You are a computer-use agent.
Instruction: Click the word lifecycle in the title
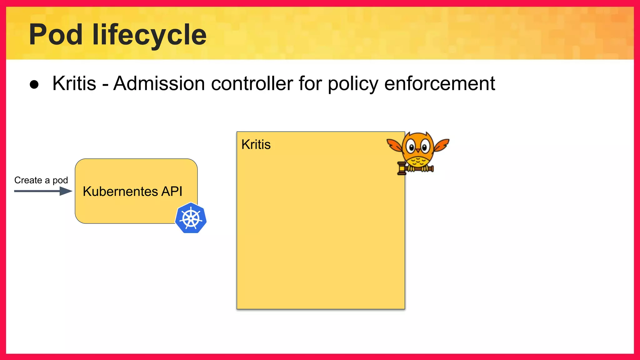149,35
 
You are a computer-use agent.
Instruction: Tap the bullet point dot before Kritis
34,84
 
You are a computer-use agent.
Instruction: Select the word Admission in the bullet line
159,83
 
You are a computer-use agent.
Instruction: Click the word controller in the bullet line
252,83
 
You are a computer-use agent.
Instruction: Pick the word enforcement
439,83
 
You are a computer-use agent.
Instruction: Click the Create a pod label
41,180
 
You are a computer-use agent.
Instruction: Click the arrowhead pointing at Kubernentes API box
66,191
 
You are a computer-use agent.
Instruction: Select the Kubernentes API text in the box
132,191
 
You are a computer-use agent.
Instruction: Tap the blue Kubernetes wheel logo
191,218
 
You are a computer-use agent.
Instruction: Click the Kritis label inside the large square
256,145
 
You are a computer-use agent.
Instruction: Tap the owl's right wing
442,144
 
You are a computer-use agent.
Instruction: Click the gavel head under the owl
401,168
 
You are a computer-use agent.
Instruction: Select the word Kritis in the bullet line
74,83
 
